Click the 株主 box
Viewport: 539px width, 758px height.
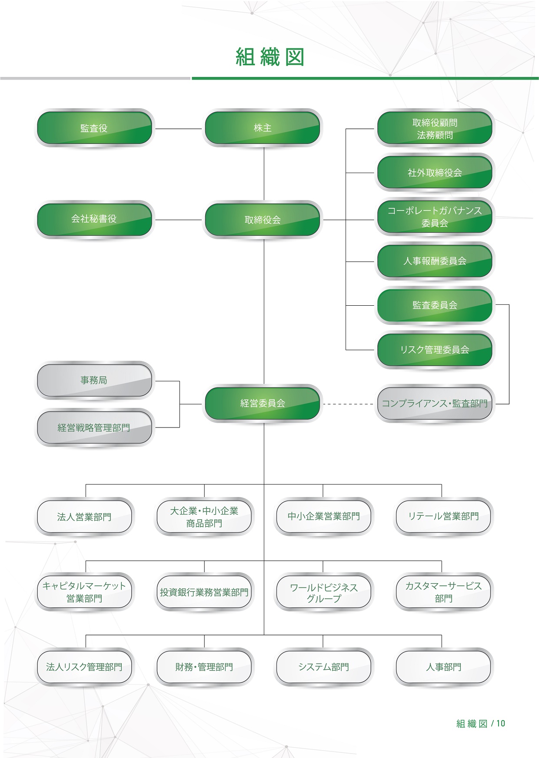[263, 128]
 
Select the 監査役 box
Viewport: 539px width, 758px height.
[94, 128]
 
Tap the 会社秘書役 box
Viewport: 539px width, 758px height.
[94, 219]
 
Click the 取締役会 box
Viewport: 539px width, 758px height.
[263, 220]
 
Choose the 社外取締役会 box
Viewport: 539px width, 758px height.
[435, 173]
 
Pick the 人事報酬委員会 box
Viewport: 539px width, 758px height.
[435, 261]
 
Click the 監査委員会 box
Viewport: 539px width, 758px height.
[435, 305]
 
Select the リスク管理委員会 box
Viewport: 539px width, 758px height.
[435, 350]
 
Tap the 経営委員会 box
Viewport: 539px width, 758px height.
[263, 403]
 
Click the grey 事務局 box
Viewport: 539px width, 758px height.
[94, 381]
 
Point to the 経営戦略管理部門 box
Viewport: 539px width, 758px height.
[94, 428]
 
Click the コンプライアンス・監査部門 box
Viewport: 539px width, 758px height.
[435, 404]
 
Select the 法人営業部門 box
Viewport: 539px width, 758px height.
[84, 517]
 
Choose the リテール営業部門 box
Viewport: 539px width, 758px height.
[443, 516]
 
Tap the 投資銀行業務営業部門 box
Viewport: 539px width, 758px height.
[204, 592]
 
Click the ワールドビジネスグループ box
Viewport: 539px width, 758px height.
[324, 592]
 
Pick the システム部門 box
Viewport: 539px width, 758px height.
[324, 667]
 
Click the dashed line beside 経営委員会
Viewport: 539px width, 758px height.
[348, 404]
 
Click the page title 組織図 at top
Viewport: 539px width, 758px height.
[269, 57]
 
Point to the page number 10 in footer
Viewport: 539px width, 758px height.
[501, 723]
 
